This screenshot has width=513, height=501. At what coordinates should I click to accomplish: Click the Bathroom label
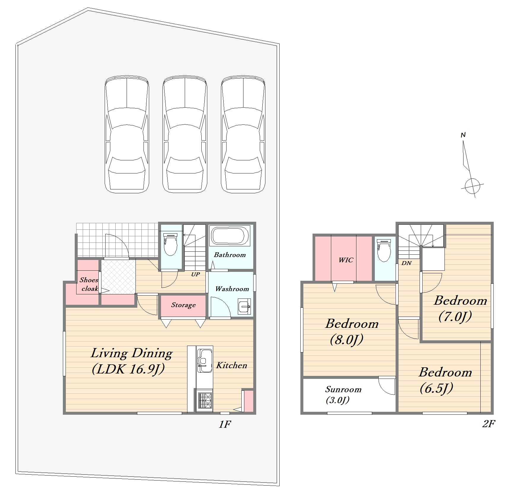coord(230,255)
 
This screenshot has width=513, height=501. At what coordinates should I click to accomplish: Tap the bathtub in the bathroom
coord(230,236)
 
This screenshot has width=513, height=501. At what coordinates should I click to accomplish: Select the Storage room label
coord(183,305)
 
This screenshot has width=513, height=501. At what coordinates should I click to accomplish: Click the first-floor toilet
coord(170,244)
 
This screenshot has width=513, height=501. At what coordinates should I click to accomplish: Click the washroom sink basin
coord(245,307)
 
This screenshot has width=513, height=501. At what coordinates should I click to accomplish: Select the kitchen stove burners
coord(205,400)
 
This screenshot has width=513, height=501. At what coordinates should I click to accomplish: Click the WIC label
coord(346,260)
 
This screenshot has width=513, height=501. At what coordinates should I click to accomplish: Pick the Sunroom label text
coord(343,389)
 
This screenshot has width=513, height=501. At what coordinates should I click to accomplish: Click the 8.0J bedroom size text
coord(347,340)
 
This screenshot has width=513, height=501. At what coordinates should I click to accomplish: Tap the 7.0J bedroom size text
coord(455,316)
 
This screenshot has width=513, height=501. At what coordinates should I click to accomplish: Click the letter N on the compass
coord(463,135)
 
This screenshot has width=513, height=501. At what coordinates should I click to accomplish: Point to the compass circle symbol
coord(472,186)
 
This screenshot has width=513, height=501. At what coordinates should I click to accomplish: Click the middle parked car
coord(185,134)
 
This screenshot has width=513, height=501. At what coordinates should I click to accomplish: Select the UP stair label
coord(195,274)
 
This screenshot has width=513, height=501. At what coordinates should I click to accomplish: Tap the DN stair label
coord(407,263)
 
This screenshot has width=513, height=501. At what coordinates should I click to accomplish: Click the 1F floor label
coord(225,424)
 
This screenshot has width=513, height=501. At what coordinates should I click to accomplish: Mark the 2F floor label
coord(488,424)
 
